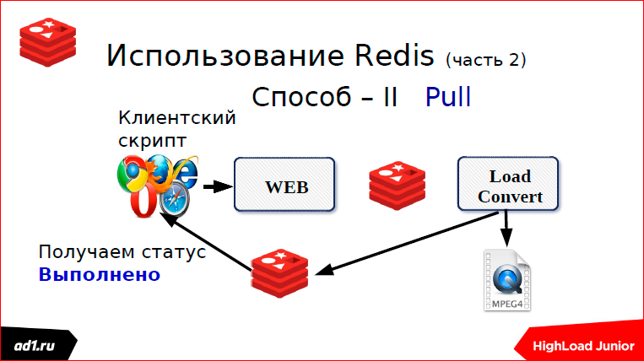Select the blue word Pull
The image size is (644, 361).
pyautogui.click(x=448, y=97)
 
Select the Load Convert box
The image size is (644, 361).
pyautogui.click(x=509, y=186)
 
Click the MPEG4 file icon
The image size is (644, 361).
pyautogui.click(x=508, y=281)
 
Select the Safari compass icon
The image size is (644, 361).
pyautogui.click(x=176, y=202)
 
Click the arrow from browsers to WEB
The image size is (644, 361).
pyautogui.click(x=219, y=186)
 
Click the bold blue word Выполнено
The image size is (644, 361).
pyautogui.click(x=99, y=275)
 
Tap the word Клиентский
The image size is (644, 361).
pyautogui.click(x=176, y=118)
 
